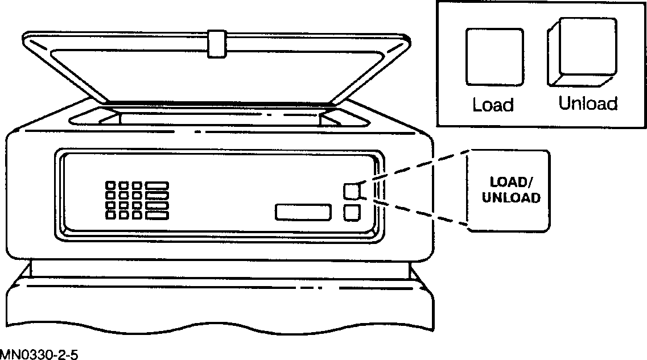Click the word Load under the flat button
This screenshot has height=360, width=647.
click(493, 105)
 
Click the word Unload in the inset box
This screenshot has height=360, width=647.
click(588, 104)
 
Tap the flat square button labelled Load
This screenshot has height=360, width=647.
click(494, 57)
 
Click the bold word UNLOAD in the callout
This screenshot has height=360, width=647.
click(510, 198)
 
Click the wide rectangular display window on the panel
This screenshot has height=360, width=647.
click(303, 212)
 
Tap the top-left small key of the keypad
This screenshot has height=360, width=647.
click(110, 186)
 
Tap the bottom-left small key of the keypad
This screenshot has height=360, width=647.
click(110, 215)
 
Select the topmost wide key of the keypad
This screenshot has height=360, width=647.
click(157, 186)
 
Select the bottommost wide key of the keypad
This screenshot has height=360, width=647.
click(157, 215)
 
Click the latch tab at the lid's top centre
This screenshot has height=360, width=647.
click(217, 44)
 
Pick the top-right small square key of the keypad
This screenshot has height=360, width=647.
click(137, 186)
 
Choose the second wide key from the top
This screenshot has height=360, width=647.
click(157, 196)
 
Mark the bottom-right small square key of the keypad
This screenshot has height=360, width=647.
click(137, 215)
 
